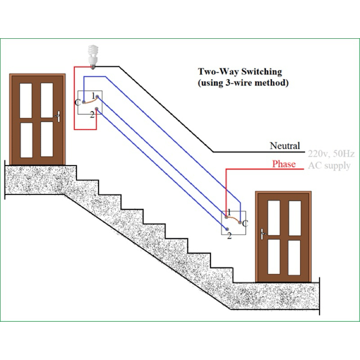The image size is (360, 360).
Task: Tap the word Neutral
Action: [284, 146]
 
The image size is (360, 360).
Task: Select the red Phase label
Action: [284, 164]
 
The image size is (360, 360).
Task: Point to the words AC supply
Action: [329, 166]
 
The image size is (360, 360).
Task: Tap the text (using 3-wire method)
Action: [243, 83]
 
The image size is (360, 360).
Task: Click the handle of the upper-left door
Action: [57, 116]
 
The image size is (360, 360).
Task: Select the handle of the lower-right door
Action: [263, 233]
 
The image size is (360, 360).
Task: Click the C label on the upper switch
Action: [77, 103]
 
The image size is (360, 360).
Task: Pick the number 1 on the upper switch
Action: [93, 95]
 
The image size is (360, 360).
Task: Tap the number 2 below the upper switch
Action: [92, 114]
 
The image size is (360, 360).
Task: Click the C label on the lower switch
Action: [244, 223]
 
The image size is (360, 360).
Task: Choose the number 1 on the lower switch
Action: [229, 212]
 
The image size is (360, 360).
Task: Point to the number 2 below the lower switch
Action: [229, 235]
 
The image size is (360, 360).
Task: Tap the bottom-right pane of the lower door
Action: [294, 257]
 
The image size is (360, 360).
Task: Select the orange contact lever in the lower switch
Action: [234, 218]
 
